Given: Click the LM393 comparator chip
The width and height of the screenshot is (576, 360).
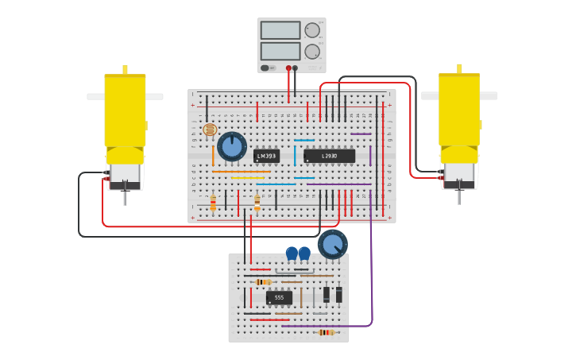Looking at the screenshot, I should tap(266, 156).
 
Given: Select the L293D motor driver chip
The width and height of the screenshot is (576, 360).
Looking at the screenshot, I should tap(329, 156).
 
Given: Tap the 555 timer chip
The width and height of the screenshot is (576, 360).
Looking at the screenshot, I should tap(279, 297).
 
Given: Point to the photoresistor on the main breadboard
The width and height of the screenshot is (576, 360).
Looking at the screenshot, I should tap(210, 130).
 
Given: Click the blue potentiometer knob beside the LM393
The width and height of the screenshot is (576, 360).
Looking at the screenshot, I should tap(232, 146).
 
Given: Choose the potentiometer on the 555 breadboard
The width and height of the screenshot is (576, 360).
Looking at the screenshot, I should tap(332, 244).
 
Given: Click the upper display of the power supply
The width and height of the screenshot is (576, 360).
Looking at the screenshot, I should tap(280, 30).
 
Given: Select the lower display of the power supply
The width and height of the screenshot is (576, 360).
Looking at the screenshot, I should tap(280, 51).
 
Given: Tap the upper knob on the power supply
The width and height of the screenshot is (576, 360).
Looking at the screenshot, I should tap(312, 30).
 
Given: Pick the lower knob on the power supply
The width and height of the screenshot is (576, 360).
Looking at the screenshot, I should tap(312, 51).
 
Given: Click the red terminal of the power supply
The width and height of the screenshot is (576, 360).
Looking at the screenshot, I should tap(288, 68).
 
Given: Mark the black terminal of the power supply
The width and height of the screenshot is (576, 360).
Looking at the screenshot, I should tap(296, 68).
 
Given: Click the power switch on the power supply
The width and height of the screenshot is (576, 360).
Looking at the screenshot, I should tap(265, 68).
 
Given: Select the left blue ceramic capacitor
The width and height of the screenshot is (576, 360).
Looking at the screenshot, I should tap(292, 254).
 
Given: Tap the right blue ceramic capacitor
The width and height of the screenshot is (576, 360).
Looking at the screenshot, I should tap(304, 254).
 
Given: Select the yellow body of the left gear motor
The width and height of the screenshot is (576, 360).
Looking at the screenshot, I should tap(125, 111).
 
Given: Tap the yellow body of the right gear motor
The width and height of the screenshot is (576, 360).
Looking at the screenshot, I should tap(459, 111).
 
